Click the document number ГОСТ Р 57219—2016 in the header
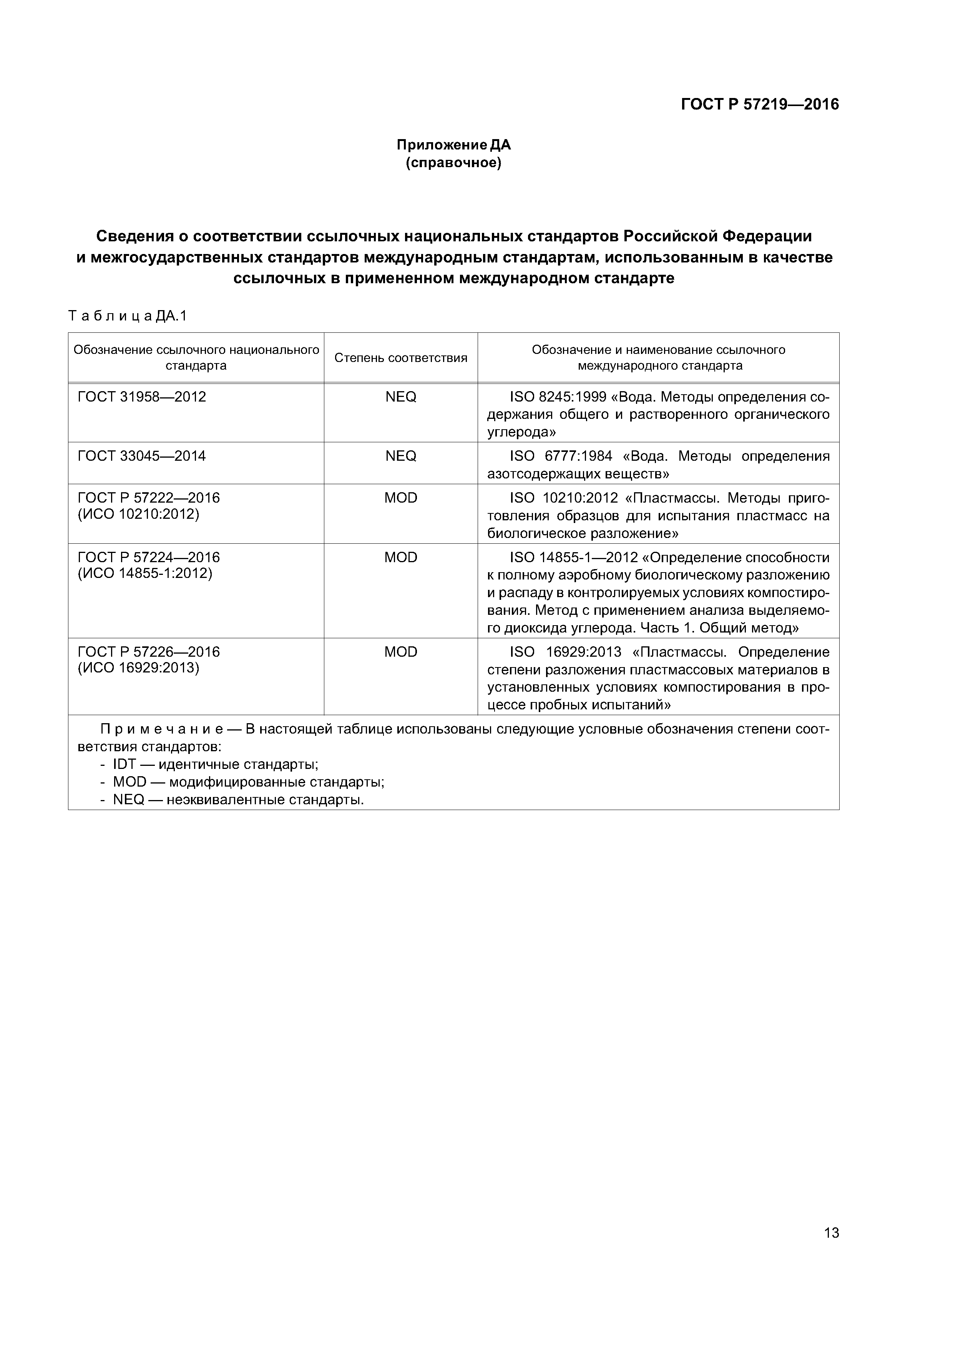coord(760,105)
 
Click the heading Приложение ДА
coord(453,144)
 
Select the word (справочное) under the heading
coord(453,163)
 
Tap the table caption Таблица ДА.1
coord(128,316)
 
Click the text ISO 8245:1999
coord(558,397)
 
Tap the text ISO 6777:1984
coord(561,456)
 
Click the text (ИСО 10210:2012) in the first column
coord(139,514)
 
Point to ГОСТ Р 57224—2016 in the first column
coord(149,557)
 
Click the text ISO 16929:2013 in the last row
coord(565,652)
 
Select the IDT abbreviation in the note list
coord(124,764)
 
